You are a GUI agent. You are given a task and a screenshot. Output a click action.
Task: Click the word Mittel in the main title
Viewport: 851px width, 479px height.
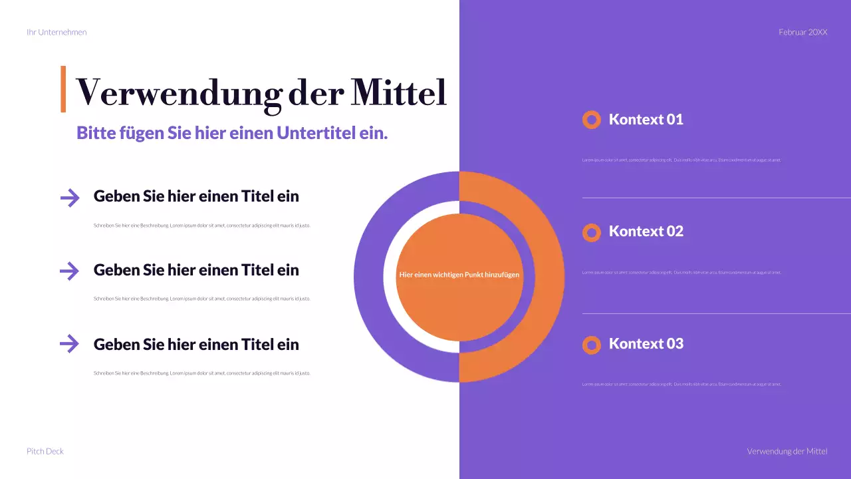(x=398, y=92)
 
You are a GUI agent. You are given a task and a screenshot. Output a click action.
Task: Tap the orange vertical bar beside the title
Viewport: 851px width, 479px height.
(x=63, y=88)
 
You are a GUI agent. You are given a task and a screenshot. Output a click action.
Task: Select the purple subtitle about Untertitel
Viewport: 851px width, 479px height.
(x=232, y=133)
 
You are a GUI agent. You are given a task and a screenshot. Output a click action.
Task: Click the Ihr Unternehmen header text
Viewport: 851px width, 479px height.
(x=57, y=32)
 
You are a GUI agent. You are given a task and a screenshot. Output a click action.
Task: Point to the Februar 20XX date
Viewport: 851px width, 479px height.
(x=802, y=32)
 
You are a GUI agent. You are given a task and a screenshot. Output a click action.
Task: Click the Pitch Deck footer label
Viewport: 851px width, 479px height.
(x=45, y=451)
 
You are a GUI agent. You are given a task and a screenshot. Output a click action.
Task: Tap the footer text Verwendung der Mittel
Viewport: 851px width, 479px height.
(x=787, y=451)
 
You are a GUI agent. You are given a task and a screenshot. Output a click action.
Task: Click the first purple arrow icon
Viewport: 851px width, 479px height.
(x=69, y=197)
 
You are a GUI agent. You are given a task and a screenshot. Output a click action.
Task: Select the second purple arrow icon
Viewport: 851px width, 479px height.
(x=69, y=271)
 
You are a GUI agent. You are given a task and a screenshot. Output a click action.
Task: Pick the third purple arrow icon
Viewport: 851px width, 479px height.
(x=69, y=344)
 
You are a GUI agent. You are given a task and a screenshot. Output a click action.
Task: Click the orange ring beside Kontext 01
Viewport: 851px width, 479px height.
(x=591, y=120)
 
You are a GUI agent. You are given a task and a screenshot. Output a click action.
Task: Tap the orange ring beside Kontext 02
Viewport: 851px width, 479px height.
(x=591, y=232)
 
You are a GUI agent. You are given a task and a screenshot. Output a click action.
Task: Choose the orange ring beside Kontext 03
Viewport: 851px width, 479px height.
(x=591, y=345)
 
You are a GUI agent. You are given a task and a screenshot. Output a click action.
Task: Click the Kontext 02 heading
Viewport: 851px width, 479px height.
(x=646, y=232)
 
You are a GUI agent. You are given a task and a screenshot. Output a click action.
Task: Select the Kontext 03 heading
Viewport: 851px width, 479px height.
(x=646, y=344)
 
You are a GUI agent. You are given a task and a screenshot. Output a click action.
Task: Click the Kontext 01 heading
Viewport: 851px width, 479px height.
(x=646, y=120)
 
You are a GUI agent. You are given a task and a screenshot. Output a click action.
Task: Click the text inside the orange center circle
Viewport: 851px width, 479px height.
(x=459, y=274)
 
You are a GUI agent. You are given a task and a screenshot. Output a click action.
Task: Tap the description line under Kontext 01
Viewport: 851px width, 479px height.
(x=681, y=160)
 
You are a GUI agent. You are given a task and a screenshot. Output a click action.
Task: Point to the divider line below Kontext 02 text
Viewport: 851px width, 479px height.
(x=716, y=313)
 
